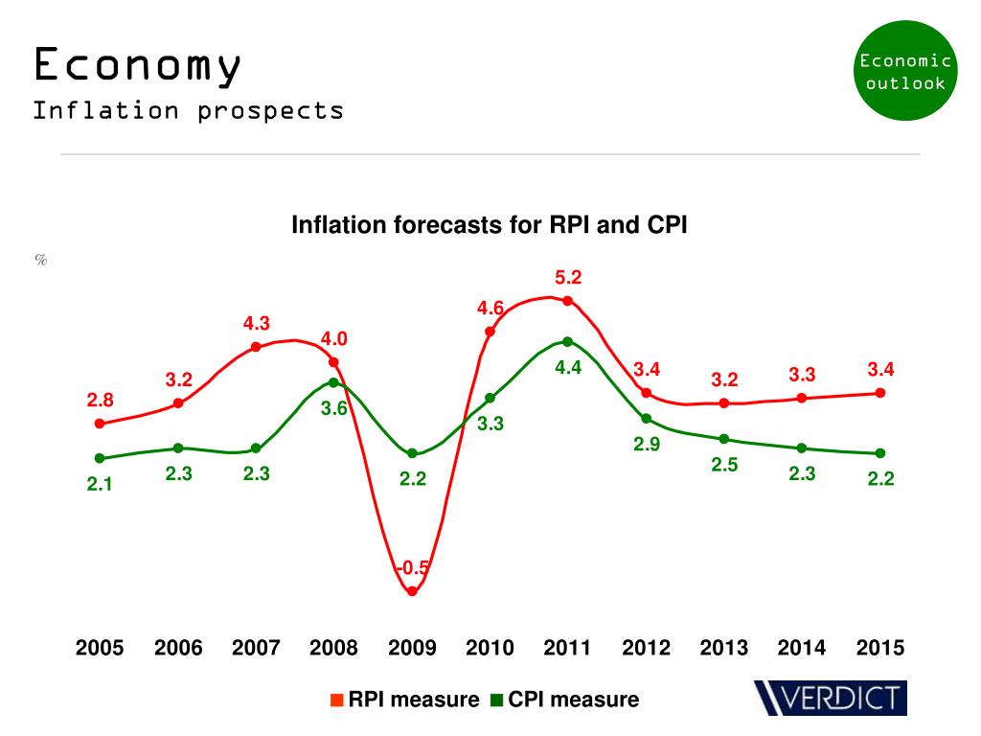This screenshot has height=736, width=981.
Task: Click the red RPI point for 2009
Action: [x=412, y=591]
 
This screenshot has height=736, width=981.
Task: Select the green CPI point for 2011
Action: [x=568, y=341]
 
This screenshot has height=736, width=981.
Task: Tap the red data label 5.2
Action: [x=568, y=278]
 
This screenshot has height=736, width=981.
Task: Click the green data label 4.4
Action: [x=568, y=366]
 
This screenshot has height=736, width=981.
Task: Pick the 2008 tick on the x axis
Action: [x=333, y=648]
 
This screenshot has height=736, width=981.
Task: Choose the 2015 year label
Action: [x=880, y=648]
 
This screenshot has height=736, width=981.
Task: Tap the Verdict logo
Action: [x=830, y=698]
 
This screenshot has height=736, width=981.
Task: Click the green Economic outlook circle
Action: [x=904, y=71]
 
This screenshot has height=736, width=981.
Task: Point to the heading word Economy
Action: [x=136, y=66]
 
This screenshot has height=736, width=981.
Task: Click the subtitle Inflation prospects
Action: [x=188, y=110]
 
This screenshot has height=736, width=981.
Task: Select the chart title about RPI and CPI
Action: [x=490, y=225]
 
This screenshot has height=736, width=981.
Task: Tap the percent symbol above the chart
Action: [x=41, y=260]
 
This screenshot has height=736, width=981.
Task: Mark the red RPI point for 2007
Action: [x=256, y=347]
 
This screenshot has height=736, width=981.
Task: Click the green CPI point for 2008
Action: [x=333, y=382]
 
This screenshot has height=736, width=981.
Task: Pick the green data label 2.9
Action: [x=647, y=445]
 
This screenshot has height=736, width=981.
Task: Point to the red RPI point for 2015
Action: [x=880, y=393]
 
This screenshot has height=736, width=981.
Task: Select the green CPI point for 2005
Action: [x=100, y=458]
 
